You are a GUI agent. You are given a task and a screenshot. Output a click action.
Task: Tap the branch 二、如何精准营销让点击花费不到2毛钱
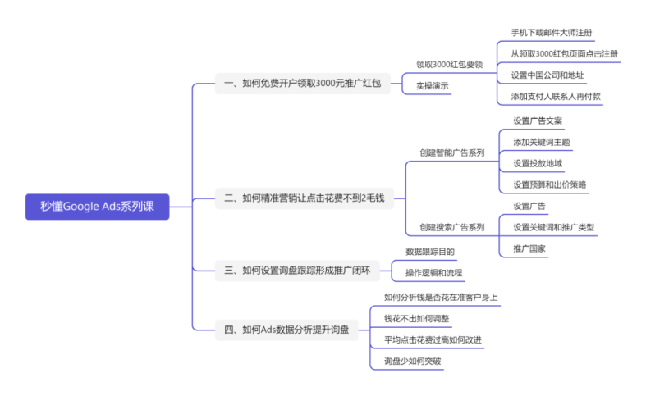[305, 198]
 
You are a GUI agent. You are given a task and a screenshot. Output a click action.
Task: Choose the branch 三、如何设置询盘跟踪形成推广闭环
[296, 270]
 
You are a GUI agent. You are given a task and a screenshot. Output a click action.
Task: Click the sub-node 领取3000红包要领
[449, 64]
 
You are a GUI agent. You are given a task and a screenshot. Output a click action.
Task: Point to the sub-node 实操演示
[433, 85]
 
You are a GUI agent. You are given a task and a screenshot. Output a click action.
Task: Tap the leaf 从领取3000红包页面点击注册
[564, 54]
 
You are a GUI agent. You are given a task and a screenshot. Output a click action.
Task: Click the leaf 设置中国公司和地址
[547, 75]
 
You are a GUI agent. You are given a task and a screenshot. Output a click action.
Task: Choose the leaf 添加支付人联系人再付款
[556, 96]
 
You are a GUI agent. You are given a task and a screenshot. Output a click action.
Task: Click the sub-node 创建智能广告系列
[451, 152]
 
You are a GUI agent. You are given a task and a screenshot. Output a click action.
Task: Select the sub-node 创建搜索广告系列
[451, 226]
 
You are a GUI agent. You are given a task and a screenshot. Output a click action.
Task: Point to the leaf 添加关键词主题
[542, 142]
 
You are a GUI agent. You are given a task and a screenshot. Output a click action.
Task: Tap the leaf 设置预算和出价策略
[550, 184]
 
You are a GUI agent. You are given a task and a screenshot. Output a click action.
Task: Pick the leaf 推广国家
[529, 247]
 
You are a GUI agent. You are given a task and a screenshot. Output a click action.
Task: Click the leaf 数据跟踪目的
[430, 252]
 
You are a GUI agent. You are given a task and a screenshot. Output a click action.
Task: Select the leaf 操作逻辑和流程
[434, 272]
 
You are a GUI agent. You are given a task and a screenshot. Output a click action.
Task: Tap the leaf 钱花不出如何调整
[417, 318]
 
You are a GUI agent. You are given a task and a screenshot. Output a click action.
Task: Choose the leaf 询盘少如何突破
[413, 361]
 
